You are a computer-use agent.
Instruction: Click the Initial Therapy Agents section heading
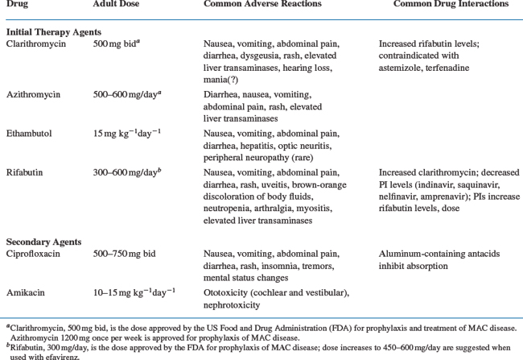coord(52,30)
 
